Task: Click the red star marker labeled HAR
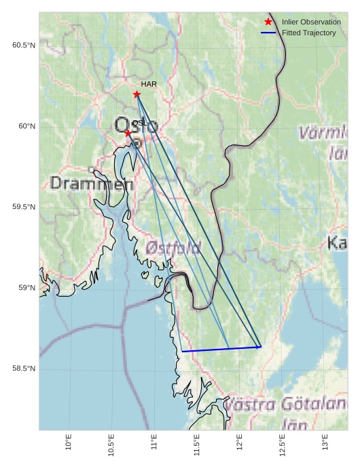[x=137, y=94]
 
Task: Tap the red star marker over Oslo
[x=128, y=133]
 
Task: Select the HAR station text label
[x=149, y=84]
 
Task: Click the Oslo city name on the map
[x=136, y=126]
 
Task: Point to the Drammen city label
[x=92, y=183]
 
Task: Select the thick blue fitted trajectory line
[x=221, y=350]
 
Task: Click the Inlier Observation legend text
[x=311, y=22]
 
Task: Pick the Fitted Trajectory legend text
[x=308, y=33]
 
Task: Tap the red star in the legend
[x=268, y=22]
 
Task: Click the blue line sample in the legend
[x=268, y=33]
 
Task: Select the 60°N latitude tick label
[x=26, y=126]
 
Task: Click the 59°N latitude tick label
[x=26, y=288]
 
